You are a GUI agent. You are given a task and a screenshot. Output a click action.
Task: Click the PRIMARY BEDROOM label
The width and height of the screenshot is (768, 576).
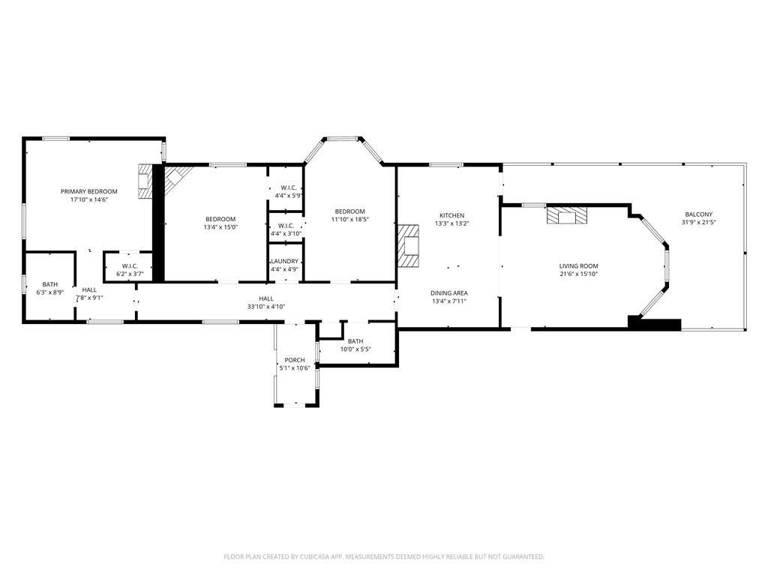[88, 191]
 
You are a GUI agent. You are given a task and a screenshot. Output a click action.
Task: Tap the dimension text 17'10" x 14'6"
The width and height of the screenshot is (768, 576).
[88, 199]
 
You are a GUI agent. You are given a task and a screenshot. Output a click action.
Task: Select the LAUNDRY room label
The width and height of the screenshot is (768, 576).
[284, 262]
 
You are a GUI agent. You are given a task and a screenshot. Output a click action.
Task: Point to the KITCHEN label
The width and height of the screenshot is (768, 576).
[451, 215]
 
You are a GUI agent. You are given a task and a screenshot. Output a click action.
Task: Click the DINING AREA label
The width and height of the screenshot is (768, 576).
[449, 293]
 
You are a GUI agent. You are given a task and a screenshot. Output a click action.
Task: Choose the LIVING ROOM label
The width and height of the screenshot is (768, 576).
[578, 266]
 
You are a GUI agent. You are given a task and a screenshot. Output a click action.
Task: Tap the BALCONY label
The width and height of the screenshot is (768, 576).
[698, 214]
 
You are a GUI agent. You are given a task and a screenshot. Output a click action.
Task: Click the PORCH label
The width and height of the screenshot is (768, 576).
[295, 360]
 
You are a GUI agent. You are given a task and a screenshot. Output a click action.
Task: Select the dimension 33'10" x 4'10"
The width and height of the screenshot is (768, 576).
[266, 307]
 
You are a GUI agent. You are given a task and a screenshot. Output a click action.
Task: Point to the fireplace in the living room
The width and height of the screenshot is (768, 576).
[567, 215]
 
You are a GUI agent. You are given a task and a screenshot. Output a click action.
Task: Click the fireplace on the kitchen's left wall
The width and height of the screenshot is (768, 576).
[408, 245]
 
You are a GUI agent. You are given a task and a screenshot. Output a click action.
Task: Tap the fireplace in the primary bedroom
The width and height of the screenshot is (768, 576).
[145, 181]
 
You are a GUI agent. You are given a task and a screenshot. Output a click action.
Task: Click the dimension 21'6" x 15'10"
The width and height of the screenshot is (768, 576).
[578, 274]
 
